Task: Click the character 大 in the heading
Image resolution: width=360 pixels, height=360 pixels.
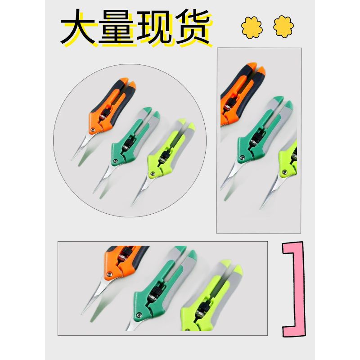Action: point(78,27)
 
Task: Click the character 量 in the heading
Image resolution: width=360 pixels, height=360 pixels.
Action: point(116,27)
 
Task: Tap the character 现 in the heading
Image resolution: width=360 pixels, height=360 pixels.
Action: point(154,27)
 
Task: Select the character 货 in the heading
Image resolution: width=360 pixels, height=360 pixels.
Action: point(193,27)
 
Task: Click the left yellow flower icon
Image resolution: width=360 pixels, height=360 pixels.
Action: point(252,27)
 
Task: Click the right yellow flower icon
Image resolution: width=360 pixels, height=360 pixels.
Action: point(283,27)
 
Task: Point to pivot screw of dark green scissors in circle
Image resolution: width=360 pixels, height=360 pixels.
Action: point(116,161)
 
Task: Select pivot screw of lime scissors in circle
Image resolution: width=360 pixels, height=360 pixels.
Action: point(151,173)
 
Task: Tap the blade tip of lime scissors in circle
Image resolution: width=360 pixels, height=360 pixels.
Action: point(132,205)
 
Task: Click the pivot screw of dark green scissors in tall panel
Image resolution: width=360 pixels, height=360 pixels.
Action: point(242,157)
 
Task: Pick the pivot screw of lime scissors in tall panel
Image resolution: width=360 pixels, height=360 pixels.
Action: point(285,172)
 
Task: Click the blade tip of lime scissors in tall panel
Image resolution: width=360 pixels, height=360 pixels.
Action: point(261,208)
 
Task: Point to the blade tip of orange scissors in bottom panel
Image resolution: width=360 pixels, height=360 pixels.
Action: point(82,313)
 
